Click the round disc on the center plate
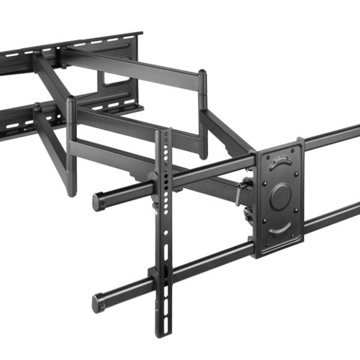[x=280, y=196]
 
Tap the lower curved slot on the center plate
[x=280, y=229]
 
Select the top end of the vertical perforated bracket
[x=163, y=133]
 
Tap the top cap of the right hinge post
[x=203, y=73]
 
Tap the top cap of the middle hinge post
[x=71, y=98]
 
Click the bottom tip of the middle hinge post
[x=72, y=193]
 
